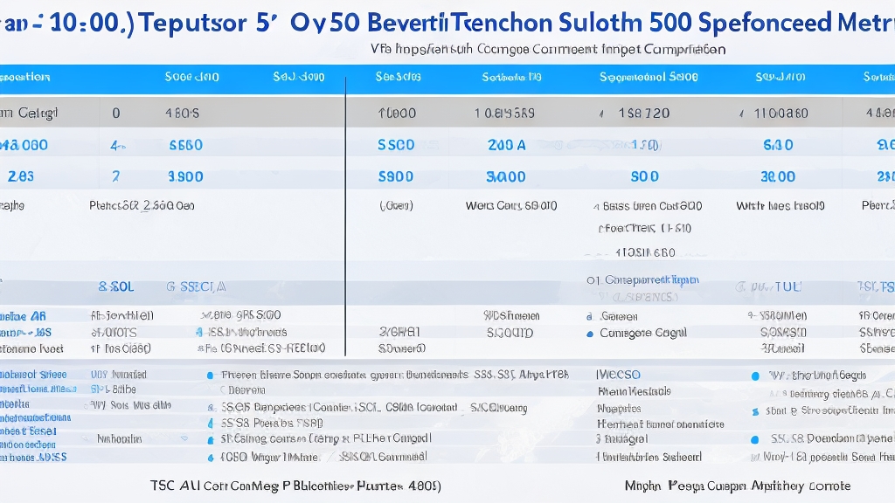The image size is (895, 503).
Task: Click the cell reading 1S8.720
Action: [x=643, y=113]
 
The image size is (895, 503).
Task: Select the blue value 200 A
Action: [x=507, y=145]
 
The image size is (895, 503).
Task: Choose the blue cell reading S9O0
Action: [x=395, y=176]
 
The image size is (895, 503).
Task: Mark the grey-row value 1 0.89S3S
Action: [x=504, y=113]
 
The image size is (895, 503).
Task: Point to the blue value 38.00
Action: [x=778, y=176]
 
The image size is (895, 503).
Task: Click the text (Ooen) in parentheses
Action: [x=396, y=207]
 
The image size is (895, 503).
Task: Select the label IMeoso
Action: [x=617, y=373]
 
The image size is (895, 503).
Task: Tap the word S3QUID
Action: [x=510, y=333]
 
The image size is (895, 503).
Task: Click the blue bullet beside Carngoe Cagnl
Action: [x=590, y=334]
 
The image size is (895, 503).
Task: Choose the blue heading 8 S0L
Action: [x=115, y=286]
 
